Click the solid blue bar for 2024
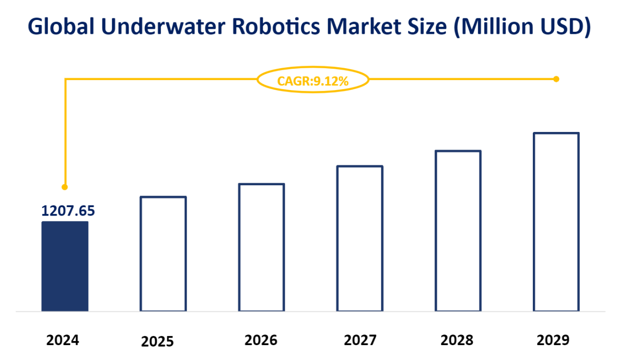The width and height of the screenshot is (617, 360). [65, 266]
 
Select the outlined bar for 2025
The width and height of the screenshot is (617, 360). [163, 254]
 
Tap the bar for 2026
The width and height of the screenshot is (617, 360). [261, 247]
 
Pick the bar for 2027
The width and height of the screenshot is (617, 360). [360, 239]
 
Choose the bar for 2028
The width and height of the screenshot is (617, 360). [458, 231]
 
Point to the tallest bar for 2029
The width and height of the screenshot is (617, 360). [556, 222]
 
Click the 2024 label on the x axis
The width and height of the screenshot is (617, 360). [63, 341]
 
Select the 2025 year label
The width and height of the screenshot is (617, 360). [157, 342]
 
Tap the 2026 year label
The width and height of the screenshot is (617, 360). [261, 341]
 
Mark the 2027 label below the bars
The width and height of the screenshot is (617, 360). [360, 341]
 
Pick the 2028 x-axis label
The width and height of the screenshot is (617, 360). [457, 341]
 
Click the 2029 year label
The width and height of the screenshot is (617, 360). [553, 341]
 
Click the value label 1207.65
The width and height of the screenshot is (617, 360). [68, 211]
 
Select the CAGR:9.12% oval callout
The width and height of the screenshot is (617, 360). [313, 80]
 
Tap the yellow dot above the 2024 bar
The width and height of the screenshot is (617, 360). [64, 187]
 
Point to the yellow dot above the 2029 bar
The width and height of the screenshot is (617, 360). [556, 79]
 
